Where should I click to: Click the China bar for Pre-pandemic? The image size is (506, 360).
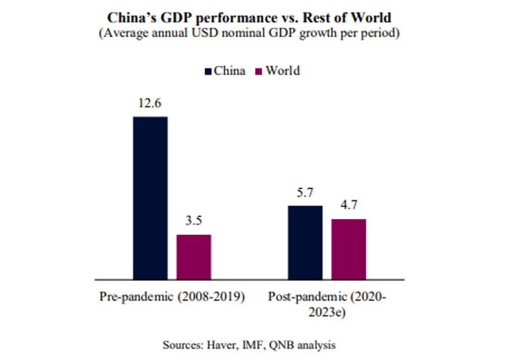tap(150, 198)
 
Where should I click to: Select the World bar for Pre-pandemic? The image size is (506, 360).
tap(194, 257)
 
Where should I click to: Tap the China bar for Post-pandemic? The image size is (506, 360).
tap(305, 242)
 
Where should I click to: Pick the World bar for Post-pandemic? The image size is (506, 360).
tap(349, 249)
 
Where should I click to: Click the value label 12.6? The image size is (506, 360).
tap(150, 104)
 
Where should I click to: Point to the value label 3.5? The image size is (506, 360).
tap(194, 221)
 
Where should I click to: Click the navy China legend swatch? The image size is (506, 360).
tap(208, 71)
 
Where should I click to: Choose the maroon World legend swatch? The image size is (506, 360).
tap(259, 71)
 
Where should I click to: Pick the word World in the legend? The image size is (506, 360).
tap(282, 70)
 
